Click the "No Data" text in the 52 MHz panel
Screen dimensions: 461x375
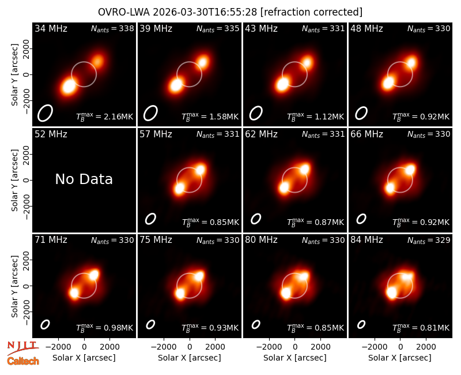[x=84, y=179]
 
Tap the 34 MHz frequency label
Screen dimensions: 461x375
[x=51, y=28]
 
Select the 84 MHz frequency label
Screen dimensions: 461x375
[x=366, y=240]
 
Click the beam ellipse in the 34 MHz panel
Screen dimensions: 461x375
[x=45, y=112]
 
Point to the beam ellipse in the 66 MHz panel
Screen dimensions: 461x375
[x=361, y=219]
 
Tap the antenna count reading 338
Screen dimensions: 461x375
[x=126, y=28]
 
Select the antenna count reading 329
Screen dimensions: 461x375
[x=443, y=240]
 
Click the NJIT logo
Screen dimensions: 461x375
[x=22, y=347]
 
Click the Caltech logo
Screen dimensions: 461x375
[x=23, y=361]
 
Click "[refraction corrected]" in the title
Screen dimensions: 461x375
[x=311, y=12]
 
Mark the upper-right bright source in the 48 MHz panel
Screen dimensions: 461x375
[x=411, y=62]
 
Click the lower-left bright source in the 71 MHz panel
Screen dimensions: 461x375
[x=74, y=293]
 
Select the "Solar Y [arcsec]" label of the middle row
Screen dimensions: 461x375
[x=14, y=180]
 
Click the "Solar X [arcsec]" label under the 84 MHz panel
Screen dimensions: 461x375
[x=400, y=358]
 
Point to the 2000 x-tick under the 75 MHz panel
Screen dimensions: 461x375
[x=215, y=347]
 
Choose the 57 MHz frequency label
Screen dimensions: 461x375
[x=156, y=134]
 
